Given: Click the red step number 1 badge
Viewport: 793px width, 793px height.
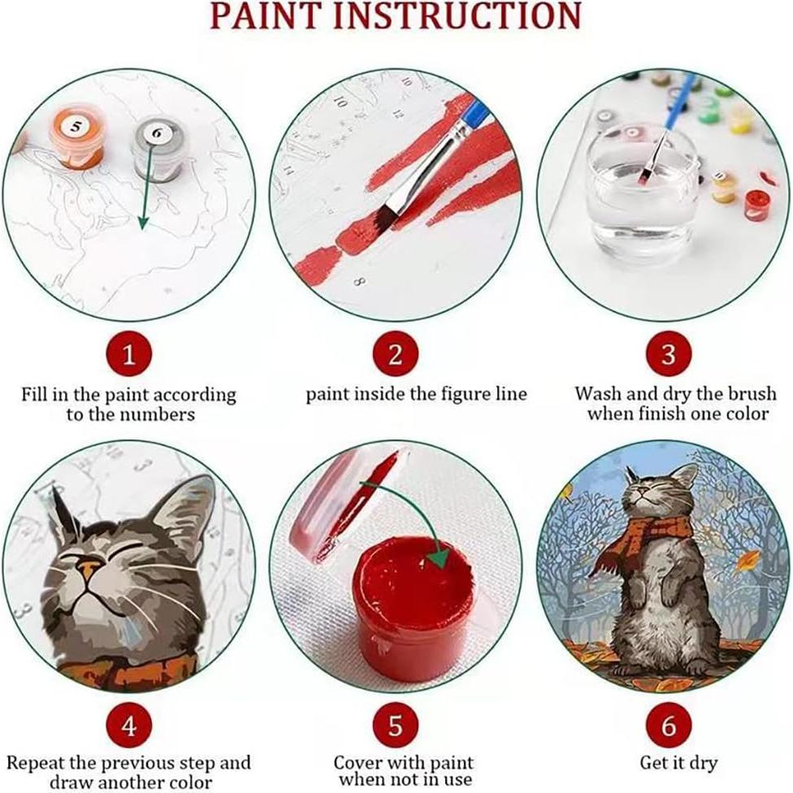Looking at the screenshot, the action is (129, 354).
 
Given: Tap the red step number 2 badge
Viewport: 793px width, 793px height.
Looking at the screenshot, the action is (396, 354).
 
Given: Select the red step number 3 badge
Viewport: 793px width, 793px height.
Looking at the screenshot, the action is (669, 354).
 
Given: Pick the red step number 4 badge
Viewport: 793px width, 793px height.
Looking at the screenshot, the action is (129, 726).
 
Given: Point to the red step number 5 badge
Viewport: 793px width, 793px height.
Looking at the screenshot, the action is (396, 726).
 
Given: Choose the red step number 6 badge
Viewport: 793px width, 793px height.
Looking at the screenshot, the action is (669, 726).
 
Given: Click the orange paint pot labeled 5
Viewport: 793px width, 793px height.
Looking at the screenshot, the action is (77, 136).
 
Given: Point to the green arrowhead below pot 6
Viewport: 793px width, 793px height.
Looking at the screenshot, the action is (144, 222).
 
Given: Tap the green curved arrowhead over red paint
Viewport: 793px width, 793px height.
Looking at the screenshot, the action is (438, 558).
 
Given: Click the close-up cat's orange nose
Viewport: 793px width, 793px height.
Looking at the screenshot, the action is (90, 569).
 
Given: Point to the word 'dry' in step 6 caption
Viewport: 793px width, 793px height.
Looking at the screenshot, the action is (701, 763).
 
